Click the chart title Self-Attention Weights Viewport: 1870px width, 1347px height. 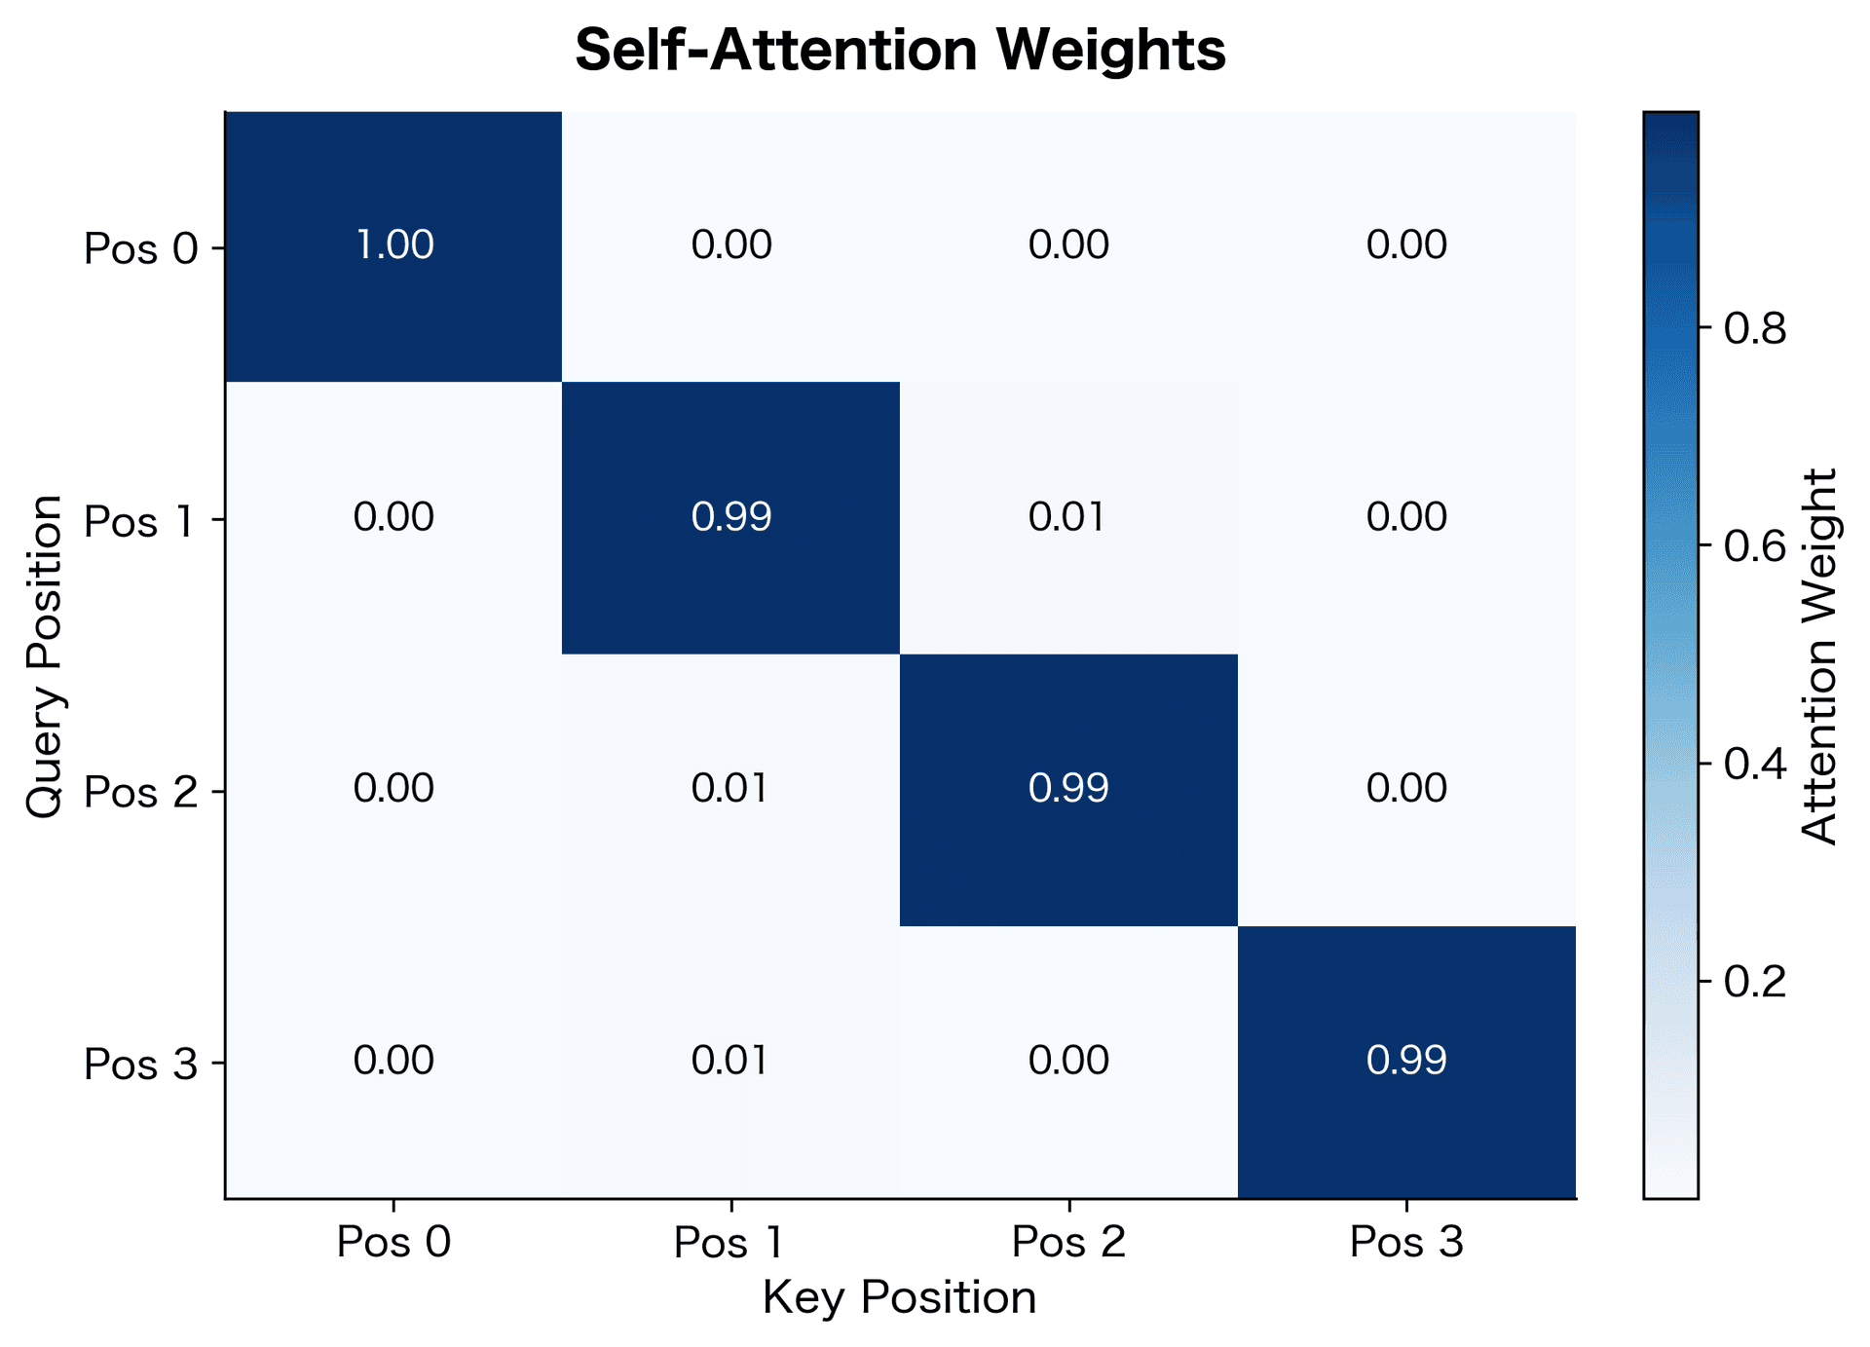(899, 51)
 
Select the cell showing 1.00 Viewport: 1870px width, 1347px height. (394, 244)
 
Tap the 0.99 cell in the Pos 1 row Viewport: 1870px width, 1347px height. (731, 517)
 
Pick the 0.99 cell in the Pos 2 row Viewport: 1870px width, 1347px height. (1068, 788)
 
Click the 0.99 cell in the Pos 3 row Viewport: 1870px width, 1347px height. (1406, 1061)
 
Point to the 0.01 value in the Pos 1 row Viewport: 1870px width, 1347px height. (1068, 517)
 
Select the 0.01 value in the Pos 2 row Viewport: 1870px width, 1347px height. (731, 788)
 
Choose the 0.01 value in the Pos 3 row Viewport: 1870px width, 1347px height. (731, 1061)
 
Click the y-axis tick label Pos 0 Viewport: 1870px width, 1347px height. (140, 249)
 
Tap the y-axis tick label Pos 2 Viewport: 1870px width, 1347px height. (140, 793)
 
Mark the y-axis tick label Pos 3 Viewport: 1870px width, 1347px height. (140, 1065)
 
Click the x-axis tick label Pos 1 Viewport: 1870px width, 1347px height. (729, 1243)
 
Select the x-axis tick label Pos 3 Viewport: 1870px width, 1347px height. (1406, 1243)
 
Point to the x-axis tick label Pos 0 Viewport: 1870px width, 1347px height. (393, 1243)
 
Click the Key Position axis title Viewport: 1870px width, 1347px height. (899, 1298)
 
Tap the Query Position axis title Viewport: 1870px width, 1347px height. (45, 655)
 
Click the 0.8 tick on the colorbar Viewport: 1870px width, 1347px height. (1755, 329)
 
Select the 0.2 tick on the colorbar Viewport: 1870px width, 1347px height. (1755, 981)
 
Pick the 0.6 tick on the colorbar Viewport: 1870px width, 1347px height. (1755, 546)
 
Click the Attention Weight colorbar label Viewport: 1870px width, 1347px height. (1818, 655)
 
